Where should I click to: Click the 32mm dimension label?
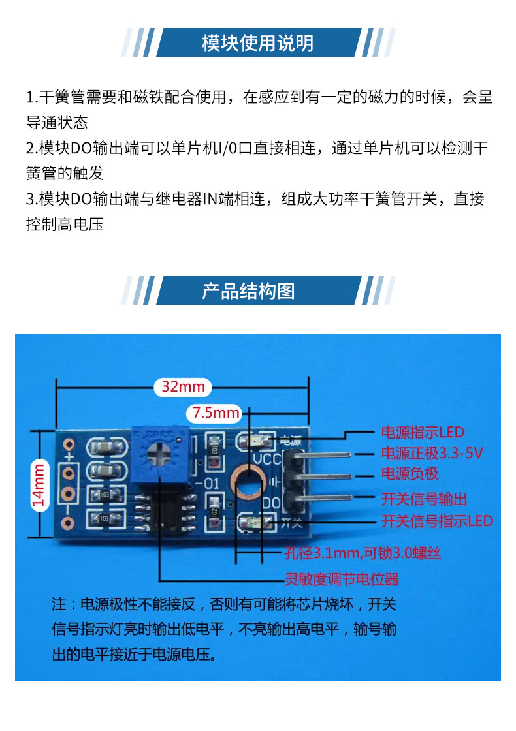(183, 386)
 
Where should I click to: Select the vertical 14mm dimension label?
(39, 485)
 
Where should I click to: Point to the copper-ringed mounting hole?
(248, 480)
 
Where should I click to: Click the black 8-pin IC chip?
(165, 512)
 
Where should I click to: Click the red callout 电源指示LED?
(423, 432)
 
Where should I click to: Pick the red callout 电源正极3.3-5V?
(432, 453)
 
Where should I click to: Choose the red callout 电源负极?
(410, 474)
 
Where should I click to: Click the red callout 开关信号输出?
(424, 499)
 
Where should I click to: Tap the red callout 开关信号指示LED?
(437, 521)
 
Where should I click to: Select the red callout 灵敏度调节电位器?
(342, 580)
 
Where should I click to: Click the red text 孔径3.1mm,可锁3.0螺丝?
(363, 553)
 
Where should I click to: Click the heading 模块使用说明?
(257, 43)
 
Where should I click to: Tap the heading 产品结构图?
(248, 291)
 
